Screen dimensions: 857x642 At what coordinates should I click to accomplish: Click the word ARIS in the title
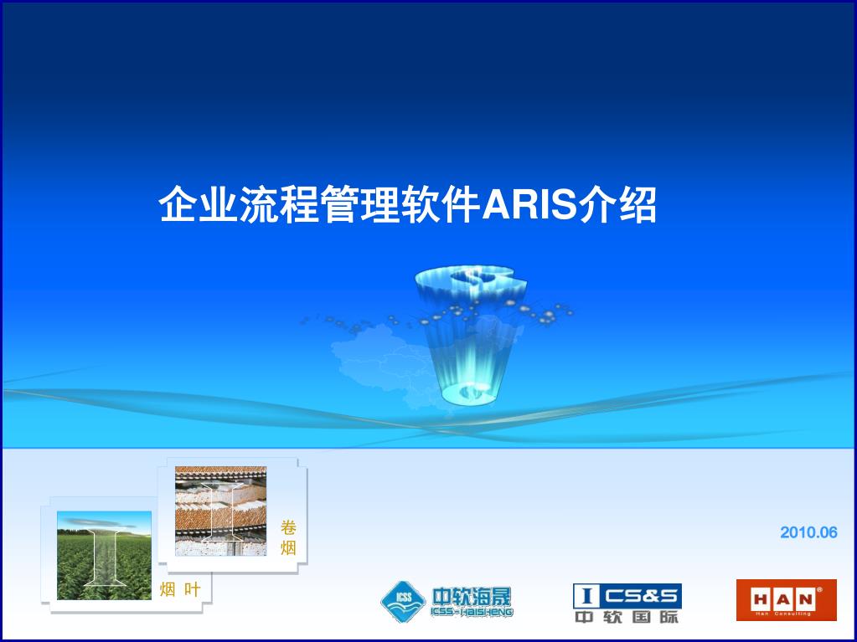pyautogui.click(x=529, y=205)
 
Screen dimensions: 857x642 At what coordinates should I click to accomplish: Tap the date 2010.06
pyautogui.click(x=808, y=532)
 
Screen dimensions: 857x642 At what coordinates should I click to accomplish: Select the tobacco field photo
pyautogui.click(x=104, y=555)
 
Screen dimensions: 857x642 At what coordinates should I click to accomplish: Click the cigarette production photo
pyautogui.click(x=221, y=511)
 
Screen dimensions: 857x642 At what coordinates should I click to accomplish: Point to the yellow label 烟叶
pyautogui.click(x=180, y=589)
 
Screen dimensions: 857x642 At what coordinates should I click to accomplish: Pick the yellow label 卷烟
pyautogui.click(x=288, y=537)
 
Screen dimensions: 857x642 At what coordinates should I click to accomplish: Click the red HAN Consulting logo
pyautogui.click(x=786, y=600)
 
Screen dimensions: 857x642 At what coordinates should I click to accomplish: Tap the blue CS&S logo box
pyautogui.click(x=627, y=596)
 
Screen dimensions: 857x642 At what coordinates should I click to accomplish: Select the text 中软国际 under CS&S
pyautogui.click(x=627, y=617)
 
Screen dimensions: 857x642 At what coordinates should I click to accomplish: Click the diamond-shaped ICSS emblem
pyautogui.click(x=403, y=601)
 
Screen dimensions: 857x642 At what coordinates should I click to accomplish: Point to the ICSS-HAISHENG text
pyautogui.click(x=472, y=612)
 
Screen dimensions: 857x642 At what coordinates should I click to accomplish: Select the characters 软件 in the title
pyautogui.click(x=441, y=205)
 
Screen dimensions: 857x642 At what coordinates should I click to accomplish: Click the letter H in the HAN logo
pyautogui.click(x=761, y=600)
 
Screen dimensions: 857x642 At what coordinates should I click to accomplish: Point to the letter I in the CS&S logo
pyautogui.click(x=586, y=596)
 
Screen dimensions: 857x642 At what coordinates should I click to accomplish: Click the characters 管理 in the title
pyautogui.click(x=361, y=205)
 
